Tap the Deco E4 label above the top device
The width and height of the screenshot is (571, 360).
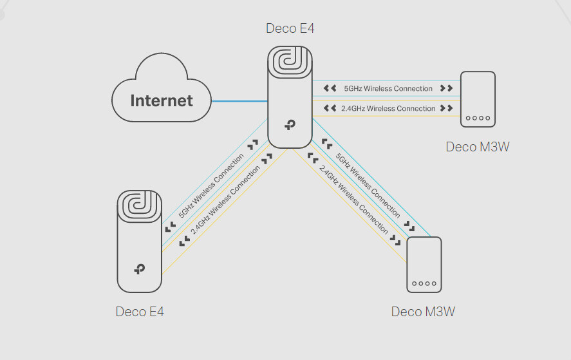pos(290,28)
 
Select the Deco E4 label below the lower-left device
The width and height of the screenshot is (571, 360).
pos(140,312)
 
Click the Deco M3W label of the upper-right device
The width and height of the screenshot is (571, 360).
pos(478,147)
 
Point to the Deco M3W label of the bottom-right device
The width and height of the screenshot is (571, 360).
pos(423,312)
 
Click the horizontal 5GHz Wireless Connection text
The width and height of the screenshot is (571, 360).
pos(388,88)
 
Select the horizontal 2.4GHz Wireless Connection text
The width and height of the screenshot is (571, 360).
pos(388,108)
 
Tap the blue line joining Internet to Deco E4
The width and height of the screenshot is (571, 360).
pos(239,101)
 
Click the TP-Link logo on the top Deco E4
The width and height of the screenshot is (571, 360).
pos(290,125)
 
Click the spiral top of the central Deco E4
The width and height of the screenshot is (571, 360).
pos(290,64)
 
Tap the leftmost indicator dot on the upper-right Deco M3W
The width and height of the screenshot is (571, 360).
pos(468,118)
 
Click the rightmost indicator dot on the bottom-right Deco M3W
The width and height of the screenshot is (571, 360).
pos(435,283)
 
